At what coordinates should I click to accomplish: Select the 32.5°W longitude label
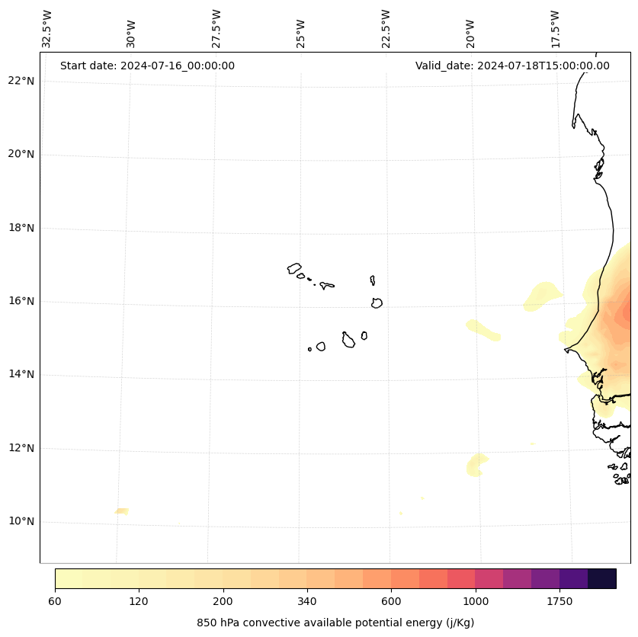(x=47, y=29)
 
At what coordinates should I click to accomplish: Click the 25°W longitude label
(x=301, y=34)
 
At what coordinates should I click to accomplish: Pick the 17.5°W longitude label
(x=556, y=29)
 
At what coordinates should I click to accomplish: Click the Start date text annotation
(x=147, y=66)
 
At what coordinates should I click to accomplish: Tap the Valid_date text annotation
(x=512, y=66)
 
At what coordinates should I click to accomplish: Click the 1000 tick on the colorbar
(x=475, y=601)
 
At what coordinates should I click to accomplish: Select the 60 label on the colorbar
(x=55, y=601)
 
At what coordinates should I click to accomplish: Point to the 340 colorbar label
(x=306, y=601)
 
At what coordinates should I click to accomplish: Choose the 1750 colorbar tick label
(x=559, y=601)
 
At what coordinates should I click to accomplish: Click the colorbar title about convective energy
(x=335, y=623)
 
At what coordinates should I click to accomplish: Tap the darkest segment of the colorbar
(x=602, y=578)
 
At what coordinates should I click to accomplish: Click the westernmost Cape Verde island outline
(x=294, y=268)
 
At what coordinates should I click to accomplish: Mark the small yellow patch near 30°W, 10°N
(x=122, y=511)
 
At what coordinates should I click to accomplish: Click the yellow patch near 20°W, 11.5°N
(x=476, y=464)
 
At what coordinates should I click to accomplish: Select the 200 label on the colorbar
(x=223, y=601)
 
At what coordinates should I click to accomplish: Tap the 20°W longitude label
(x=470, y=34)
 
